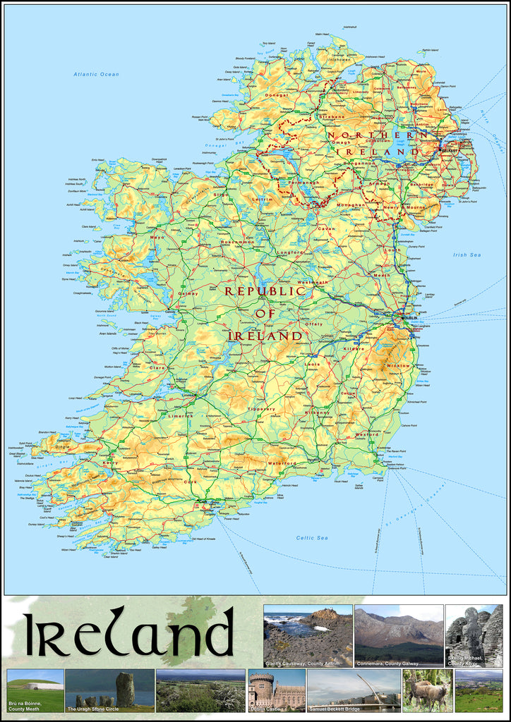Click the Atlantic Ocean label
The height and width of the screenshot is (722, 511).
click(x=97, y=74)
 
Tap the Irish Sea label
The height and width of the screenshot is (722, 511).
click(x=467, y=255)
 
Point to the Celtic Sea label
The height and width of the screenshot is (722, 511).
click(x=312, y=538)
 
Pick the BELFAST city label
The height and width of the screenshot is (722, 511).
click(x=450, y=150)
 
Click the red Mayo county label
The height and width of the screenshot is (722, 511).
click(x=157, y=238)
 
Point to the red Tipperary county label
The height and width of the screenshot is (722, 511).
click(x=261, y=408)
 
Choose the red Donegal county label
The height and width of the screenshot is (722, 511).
click(x=277, y=95)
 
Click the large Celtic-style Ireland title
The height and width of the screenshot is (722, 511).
click(x=128, y=632)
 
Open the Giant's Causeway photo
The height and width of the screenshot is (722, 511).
click(x=308, y=635)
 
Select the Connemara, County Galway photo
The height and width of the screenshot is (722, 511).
click(x=398, y=635)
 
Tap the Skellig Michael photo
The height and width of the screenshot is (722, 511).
click(x=474, y=635)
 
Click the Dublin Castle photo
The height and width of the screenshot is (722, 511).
click(x=276, y=690)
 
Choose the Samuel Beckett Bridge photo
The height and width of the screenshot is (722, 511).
click(x=354, y=690)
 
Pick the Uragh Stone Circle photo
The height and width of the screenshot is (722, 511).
click(x=109, y=690)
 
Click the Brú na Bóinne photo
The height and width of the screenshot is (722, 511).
click(x=35, y=690)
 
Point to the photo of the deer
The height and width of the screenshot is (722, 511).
click(x=427, y=690)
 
